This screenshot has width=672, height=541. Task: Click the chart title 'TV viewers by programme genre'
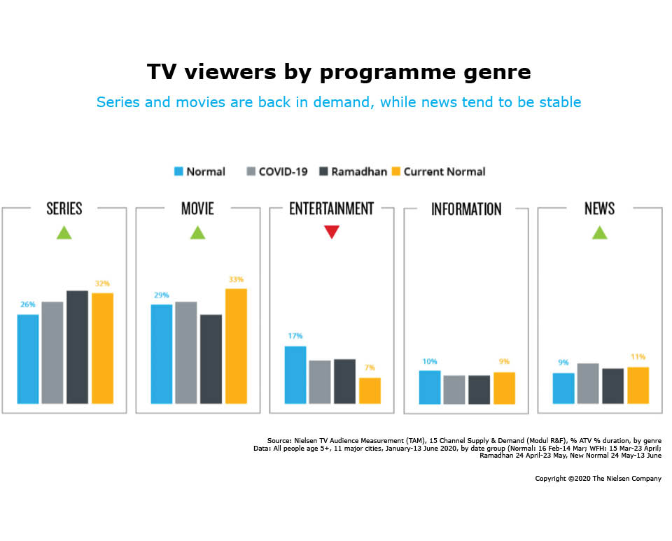point(339,72)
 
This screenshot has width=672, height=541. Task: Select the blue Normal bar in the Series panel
point(28,359)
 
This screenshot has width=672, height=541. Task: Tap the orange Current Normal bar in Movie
point(236,346)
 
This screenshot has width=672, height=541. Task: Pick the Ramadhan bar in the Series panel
point(77,347)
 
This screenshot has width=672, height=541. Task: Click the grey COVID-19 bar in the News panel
point(588,384)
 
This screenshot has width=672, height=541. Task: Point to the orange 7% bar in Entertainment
point(370,391)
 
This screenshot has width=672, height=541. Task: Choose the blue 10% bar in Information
point(430,387)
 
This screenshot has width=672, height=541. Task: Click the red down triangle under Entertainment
point(332,232)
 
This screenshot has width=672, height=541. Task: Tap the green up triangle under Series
point(64,233)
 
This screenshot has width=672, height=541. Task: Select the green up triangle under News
point(599,233)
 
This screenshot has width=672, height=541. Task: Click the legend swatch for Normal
point(178,171)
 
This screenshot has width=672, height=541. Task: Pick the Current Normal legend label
point(444,171)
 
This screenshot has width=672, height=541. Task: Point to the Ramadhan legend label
point(359,171)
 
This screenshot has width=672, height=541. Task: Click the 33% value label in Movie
point(236,280)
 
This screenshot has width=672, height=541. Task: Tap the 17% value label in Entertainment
point(295,337)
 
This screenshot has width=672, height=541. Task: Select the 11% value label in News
point(637,357)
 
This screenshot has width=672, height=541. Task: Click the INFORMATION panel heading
point(466,209)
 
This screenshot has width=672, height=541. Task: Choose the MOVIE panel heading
point(197,209)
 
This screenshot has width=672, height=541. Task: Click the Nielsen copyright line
point(598,479)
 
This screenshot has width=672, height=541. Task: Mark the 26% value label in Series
point(28,305)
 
